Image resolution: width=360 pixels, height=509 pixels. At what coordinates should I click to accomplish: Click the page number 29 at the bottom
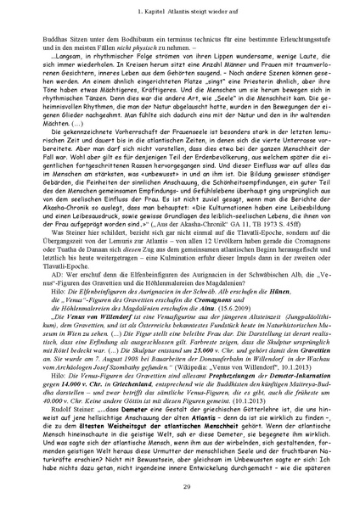[x=180, y=484]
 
